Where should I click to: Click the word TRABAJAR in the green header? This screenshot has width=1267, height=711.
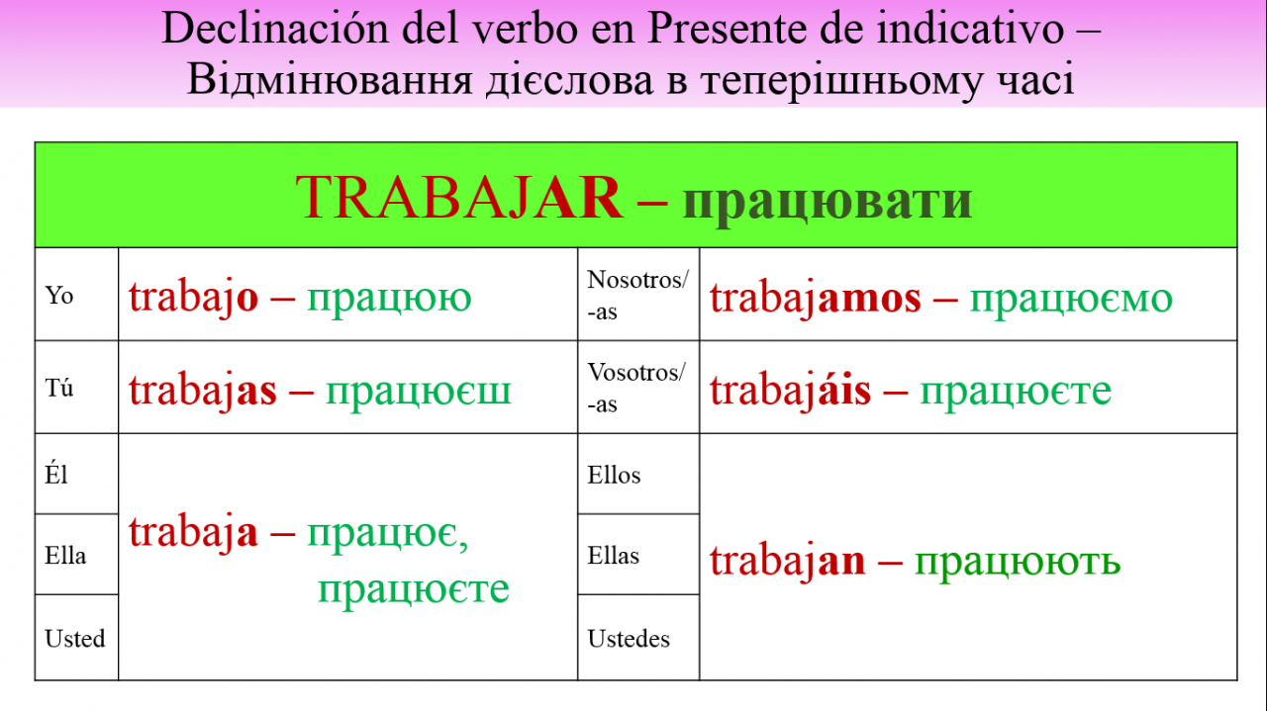coord(459,197)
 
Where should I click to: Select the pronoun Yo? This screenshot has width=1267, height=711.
coord(58,295)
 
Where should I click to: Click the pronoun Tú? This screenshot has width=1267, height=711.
coord(58,388)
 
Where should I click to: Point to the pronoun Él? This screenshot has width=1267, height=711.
coord(56,473)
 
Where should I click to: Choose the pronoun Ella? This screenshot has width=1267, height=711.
coord(65,555)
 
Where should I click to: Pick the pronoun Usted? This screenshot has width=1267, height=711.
coord(75,639)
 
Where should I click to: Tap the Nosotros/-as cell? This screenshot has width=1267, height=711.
coord(638,295)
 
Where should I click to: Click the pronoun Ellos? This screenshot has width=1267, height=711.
coord(614,475)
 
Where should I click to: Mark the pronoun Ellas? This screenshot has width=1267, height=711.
coord(613,555)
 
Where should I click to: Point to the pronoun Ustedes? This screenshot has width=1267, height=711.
coord(629,639)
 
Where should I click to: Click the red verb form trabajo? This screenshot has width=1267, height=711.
coord(193,298)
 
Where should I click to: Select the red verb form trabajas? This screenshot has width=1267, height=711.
coord(203,391)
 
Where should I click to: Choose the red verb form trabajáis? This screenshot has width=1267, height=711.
coord(790,391)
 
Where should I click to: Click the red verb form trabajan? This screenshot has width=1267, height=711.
coord(787,562)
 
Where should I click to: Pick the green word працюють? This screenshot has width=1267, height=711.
coord(1018,563)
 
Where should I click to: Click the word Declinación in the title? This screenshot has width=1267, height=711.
coord(275,29)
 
